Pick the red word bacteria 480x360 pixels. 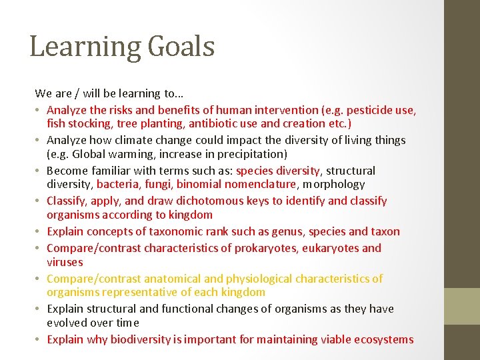click(x=118, y=184)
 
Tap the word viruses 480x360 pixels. click(x=65, y=262)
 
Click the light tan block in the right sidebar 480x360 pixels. click(x=463, y=305)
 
